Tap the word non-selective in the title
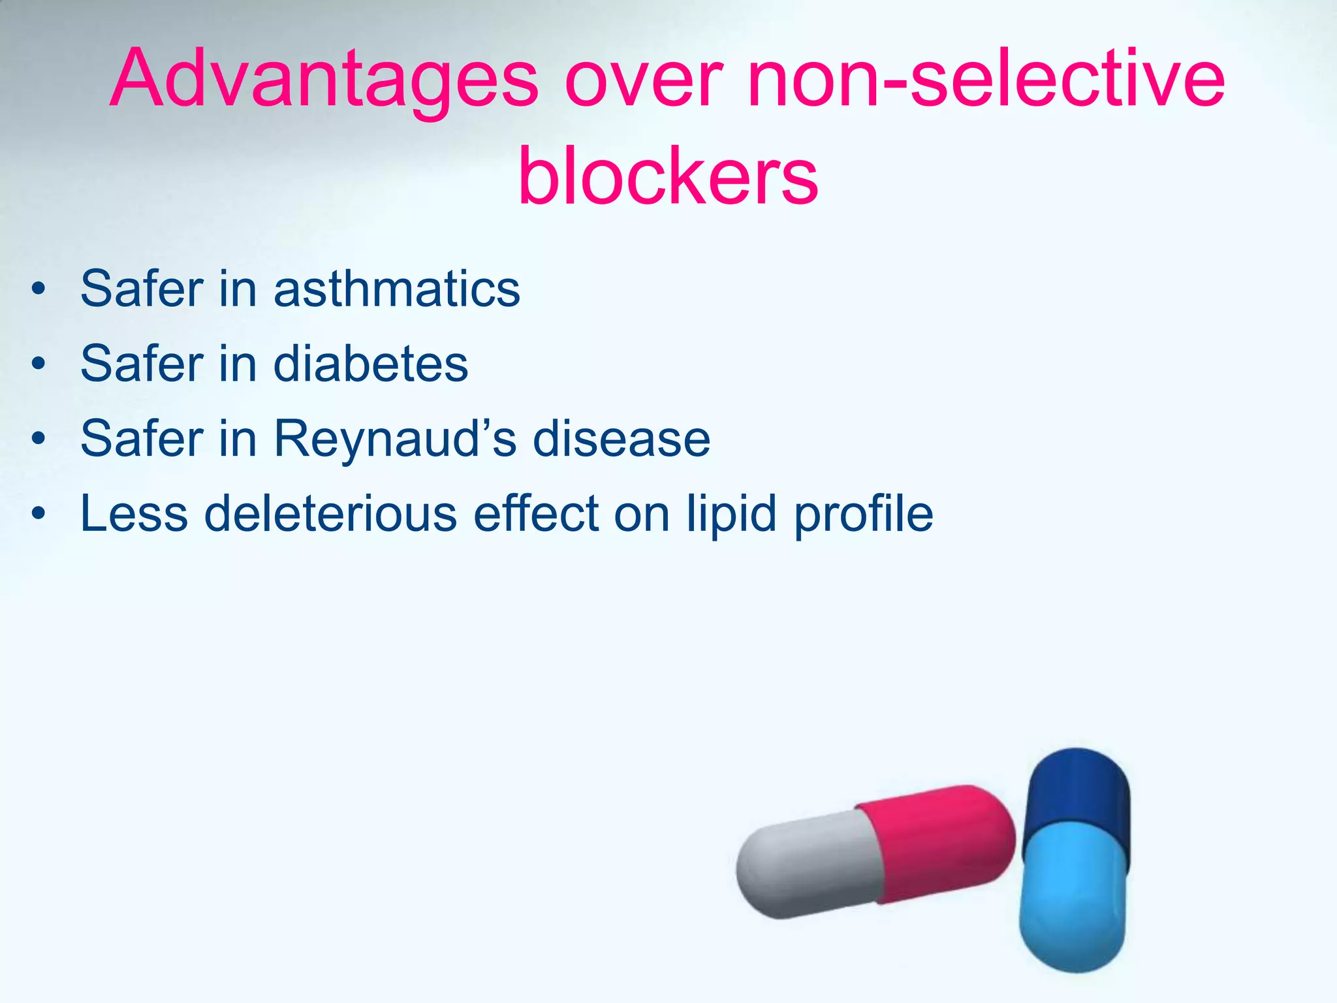tap(986, 80)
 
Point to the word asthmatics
tap(396, 289)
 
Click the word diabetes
tap(370, 364)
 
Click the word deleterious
tap(330, 514)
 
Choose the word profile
tap(863, 514)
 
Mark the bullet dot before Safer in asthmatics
tap(39, 290)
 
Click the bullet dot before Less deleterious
tap(39, 515)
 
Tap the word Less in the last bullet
tap(134, 514)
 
